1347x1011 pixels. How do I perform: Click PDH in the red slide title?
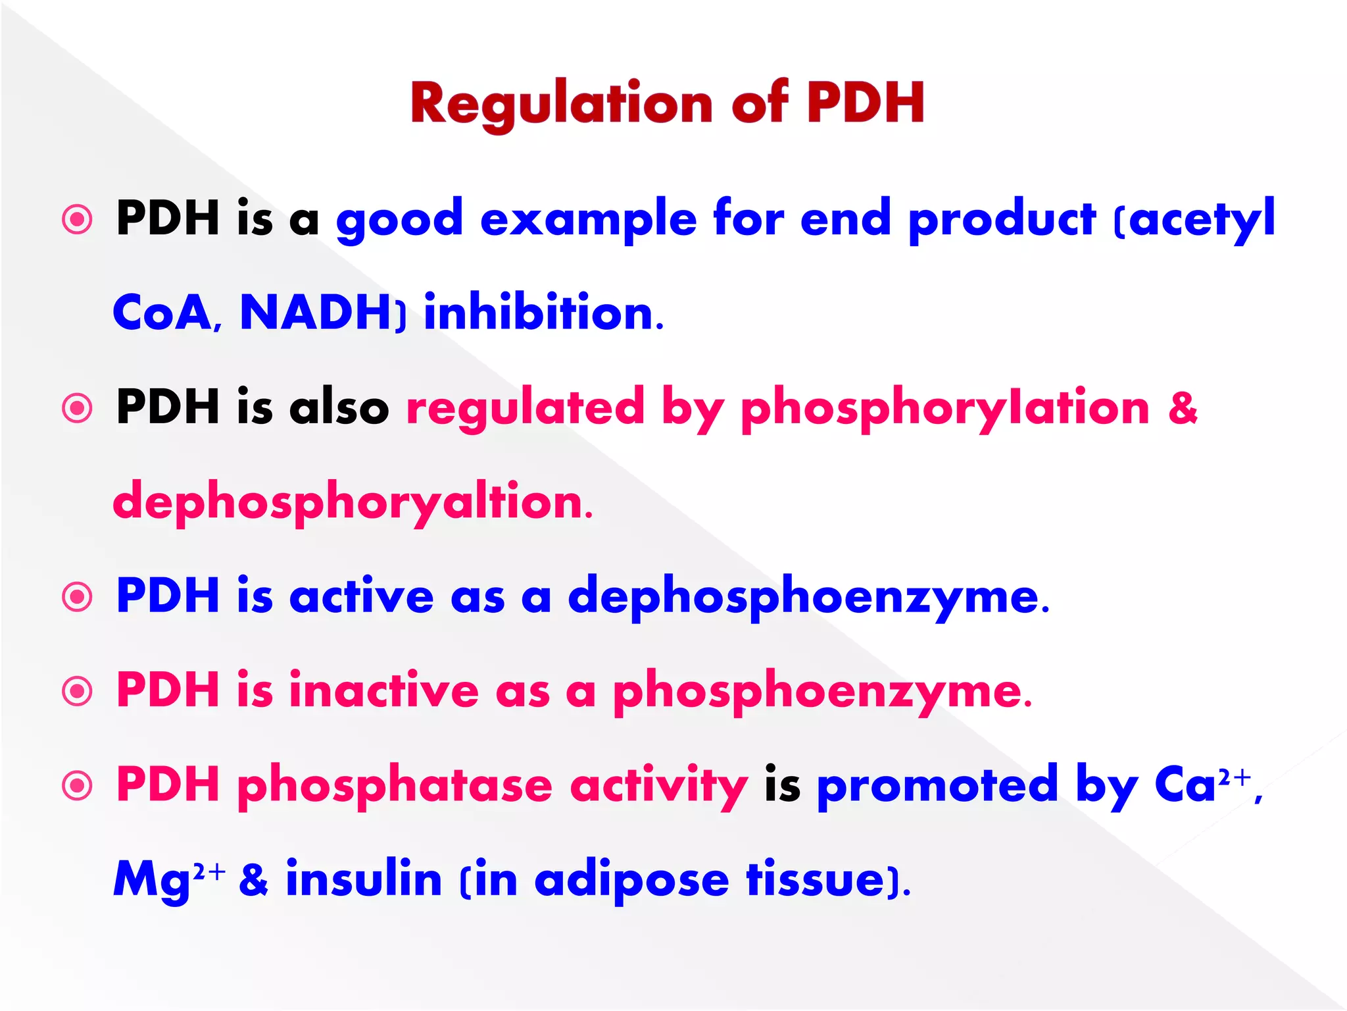click(x=866, y=104)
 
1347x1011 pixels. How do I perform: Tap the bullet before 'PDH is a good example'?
click(x=78, y=219)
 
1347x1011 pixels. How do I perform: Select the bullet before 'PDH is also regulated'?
click(x=78, y=408)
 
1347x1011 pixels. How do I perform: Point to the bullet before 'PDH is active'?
click(x=78, y=596)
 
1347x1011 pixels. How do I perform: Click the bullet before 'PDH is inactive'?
click(x=78, y=691)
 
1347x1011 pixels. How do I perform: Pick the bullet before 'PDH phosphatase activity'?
click(x=78, y=785)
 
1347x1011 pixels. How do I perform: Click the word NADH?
click(x=316, y=313)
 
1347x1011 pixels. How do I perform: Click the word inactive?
click(x=384, y=691)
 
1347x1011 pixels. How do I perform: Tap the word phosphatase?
click(x=395, y=785)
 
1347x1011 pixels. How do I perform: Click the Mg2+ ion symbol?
click(x=168, y=879)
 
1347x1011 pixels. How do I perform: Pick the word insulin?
click(x=364, y=879)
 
